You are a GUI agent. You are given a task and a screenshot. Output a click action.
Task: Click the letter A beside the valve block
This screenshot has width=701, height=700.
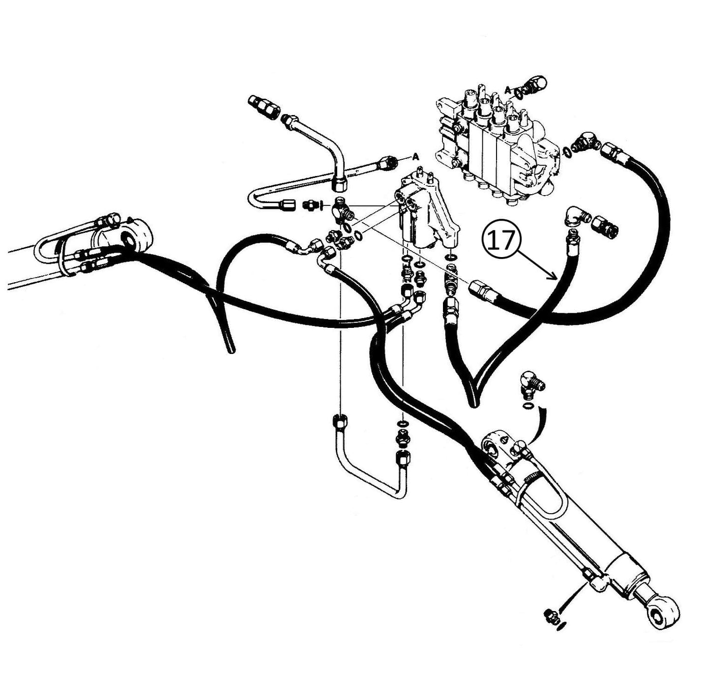tap(507, 89)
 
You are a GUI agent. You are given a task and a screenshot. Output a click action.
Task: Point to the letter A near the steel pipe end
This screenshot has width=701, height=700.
tap(415, 156)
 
